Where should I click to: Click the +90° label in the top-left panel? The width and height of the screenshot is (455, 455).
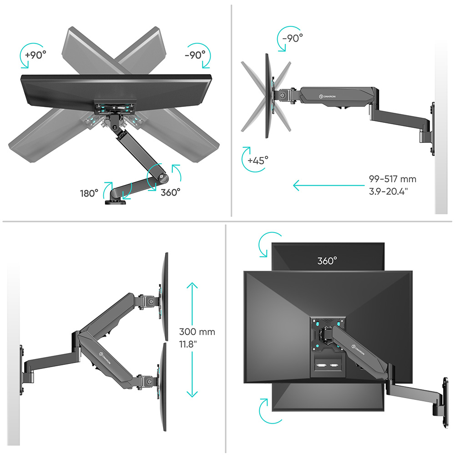[35, 55]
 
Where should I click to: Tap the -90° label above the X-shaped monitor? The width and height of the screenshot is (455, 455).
[195, 55]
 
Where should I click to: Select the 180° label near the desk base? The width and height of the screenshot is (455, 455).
[89, 193]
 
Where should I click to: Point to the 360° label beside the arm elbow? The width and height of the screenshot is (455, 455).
[170, 192]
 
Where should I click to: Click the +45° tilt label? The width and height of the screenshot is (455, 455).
[258, 160]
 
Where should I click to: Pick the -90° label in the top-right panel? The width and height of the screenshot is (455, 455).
[293, 38]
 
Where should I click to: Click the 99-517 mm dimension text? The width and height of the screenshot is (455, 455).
[393, 179]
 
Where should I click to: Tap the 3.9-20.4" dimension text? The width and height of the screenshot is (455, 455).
[389, 192]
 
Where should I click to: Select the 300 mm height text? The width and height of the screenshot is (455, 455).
[197, 332]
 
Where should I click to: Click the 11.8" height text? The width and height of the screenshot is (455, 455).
[188, 344]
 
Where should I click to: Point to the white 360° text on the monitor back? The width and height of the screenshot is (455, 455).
[327, 261]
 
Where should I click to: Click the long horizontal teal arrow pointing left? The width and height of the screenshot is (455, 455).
[329, 185]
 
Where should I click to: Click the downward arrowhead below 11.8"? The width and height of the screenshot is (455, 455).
[192, 394]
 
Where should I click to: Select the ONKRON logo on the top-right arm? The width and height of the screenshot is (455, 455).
[327, 96]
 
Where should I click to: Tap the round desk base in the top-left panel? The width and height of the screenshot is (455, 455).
[115, 202]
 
